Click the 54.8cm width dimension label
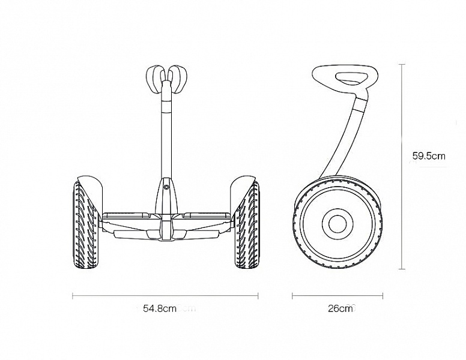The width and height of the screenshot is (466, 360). pos(160,308)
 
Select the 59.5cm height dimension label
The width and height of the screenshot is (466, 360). pos(429,156)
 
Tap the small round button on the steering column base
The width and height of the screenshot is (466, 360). pos(166,187)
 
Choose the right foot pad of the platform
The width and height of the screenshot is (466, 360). pos(207,215)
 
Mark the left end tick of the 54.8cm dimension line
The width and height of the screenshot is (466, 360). pos(73,296)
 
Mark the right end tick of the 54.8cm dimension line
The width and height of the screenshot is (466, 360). pos(258,296)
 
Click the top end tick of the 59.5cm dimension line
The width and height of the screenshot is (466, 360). pos(402,64)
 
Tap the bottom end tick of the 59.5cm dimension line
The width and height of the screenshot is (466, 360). pos(402,269)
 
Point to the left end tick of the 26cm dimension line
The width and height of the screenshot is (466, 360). pos(292,296)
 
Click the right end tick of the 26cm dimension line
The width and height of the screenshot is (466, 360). pos(383,296)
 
